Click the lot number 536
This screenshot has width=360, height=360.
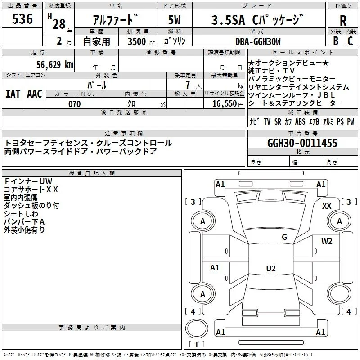pos(22,19)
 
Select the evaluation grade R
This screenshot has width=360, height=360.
pos(343,21)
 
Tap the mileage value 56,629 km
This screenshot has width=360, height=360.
pos(55,65)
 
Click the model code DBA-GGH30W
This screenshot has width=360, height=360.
pos(258,41)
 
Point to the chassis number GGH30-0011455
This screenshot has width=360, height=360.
pos(302,143)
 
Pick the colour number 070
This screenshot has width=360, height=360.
pos(75,104)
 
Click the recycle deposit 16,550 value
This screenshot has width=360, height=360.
pos(225,104)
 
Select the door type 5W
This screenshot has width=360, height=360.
pos(174,20)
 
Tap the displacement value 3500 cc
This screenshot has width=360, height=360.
pos(141,41)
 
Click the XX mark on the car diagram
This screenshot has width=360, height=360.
pos(327,206)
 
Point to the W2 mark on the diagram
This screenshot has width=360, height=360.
pos(327,241)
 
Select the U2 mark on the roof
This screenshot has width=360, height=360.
pos(271,268)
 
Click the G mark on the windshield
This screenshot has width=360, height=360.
pos(284,237)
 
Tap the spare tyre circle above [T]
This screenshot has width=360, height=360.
pos(197,328)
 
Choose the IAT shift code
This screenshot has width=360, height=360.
pos(13,94)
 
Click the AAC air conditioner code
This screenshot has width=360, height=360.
pos(35,94)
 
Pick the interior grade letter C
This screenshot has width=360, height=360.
pos(351,41)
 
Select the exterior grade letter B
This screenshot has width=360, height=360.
pos(336,41)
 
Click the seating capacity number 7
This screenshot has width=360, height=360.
pos(188,85)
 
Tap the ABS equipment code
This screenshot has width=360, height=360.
pos(300,121)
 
